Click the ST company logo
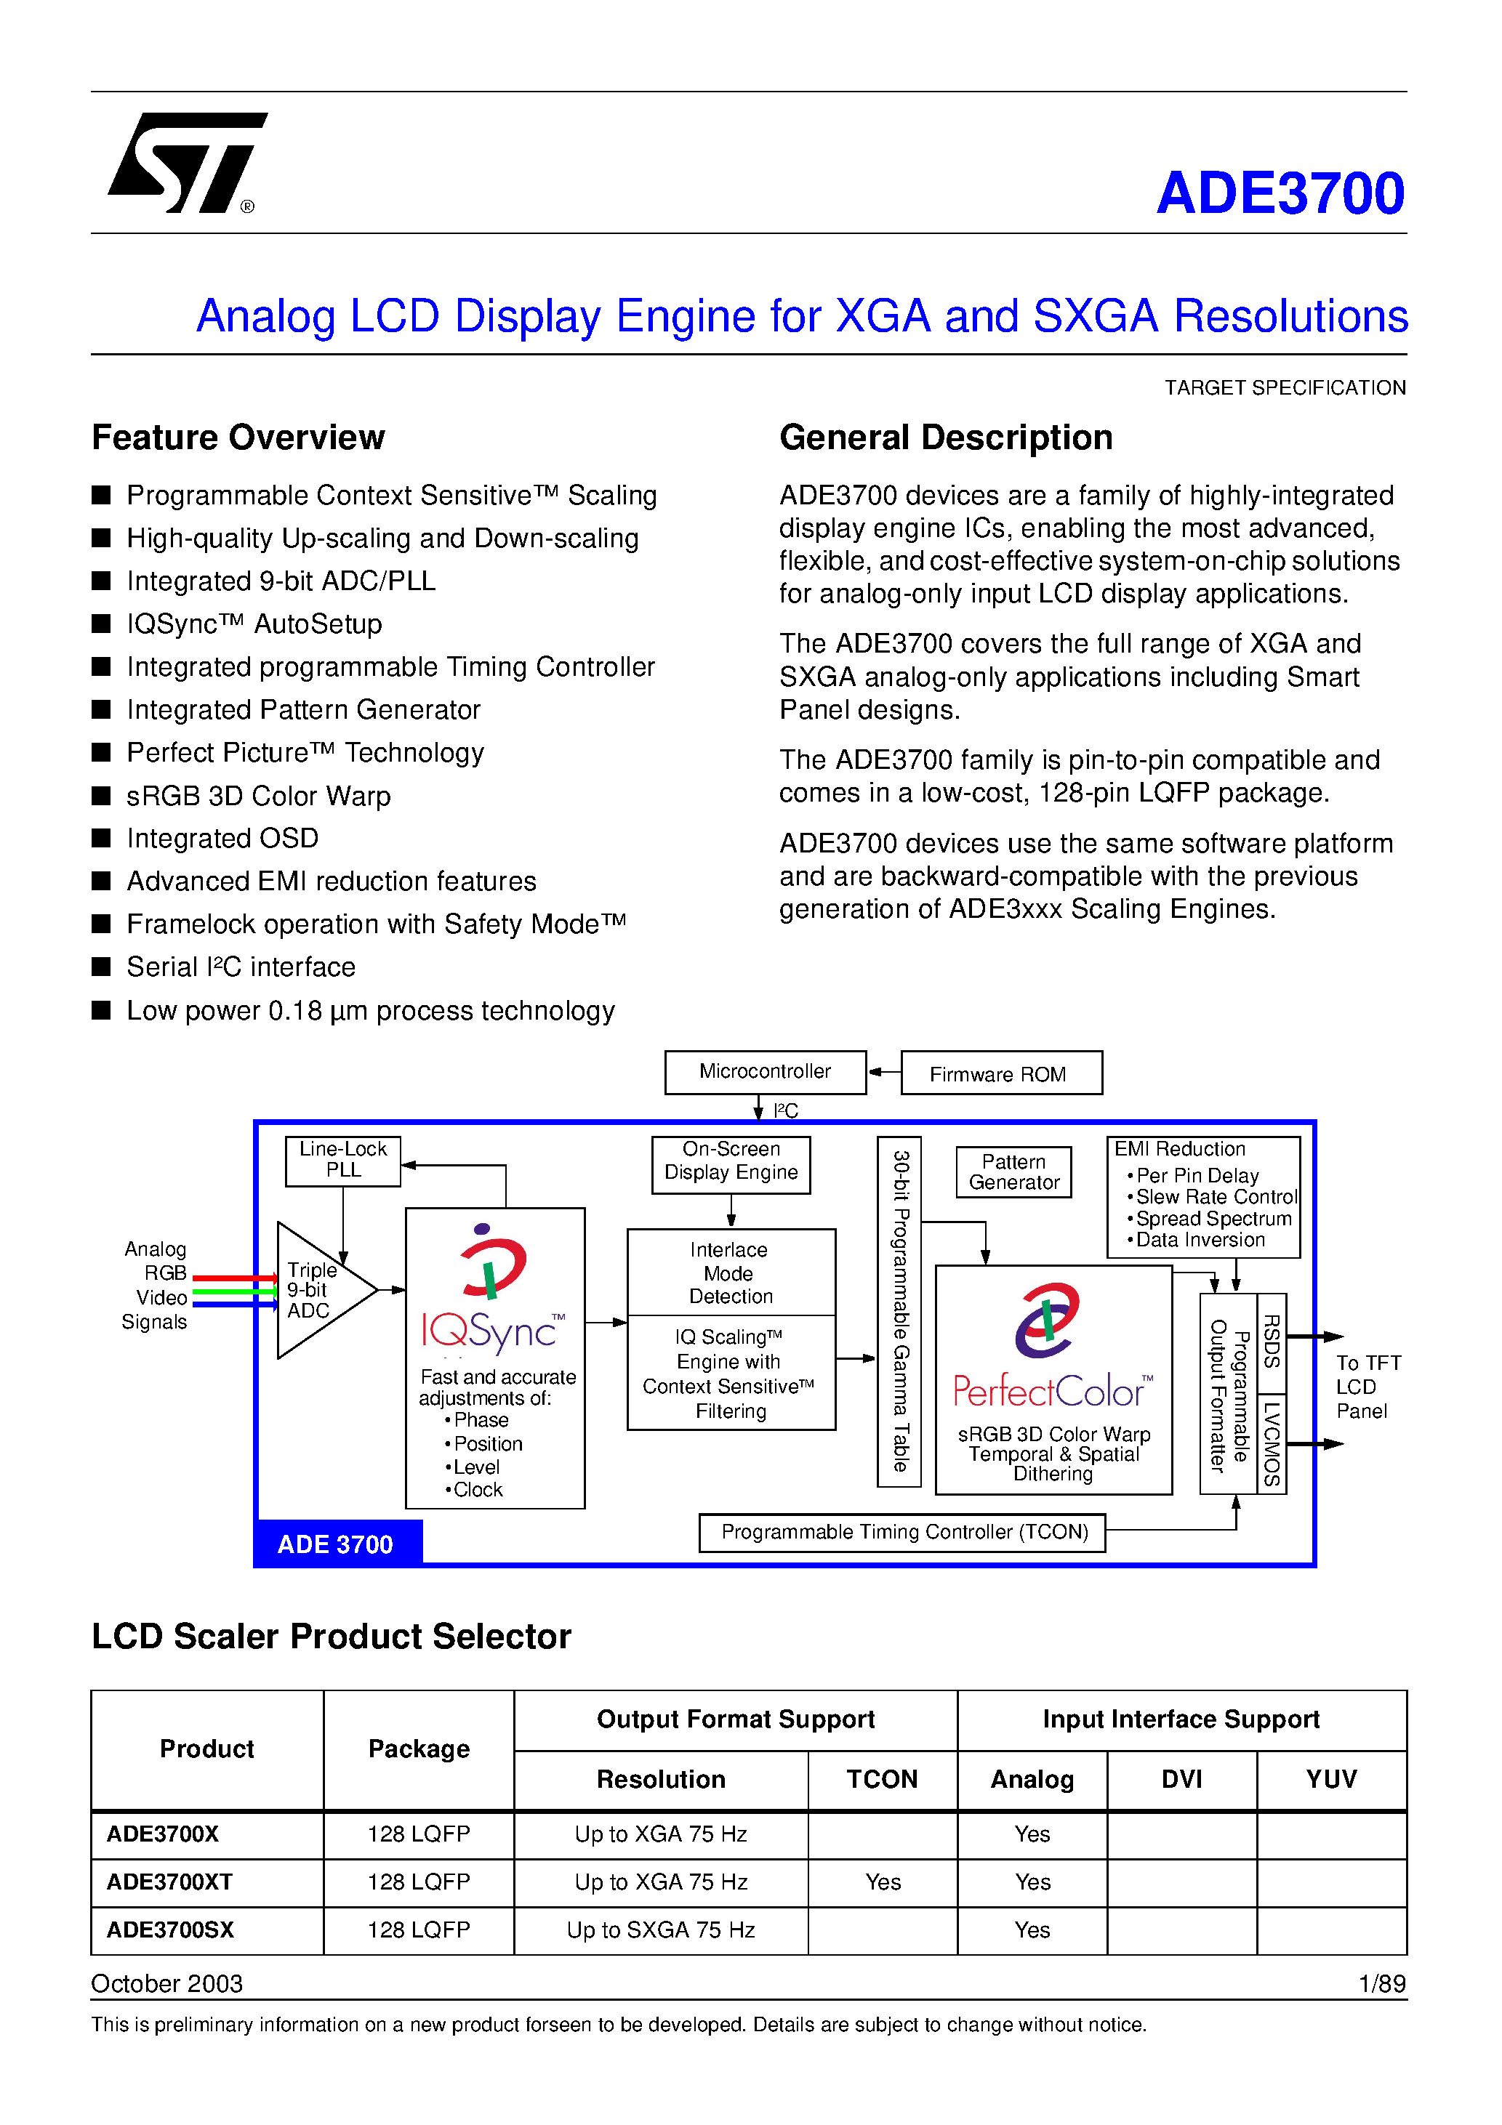click(185, 162)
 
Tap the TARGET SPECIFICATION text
click(1285, 388)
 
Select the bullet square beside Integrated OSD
click(102, 838)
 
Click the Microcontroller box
click(765, 1072)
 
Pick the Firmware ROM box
click(1000, 1073)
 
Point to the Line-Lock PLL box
click(342, 1160)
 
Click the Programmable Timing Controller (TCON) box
click(903, 1532)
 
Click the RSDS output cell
click(1272, 1343)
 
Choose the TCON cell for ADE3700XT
click(882, 1882)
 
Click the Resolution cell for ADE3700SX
click(660, 1930)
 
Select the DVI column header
click(1181, 1779)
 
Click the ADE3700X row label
click(163, 1834)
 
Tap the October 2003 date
click(166, 1983)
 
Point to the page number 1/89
click(1381, 1983)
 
